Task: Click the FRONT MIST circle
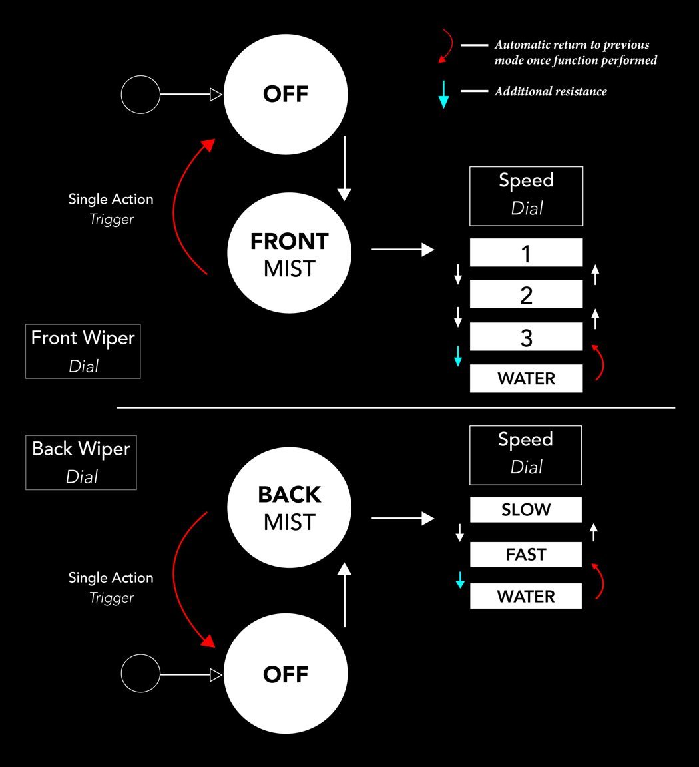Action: (289, 254)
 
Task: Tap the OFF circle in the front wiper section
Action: (286, 94)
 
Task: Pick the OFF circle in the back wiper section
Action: (286, 674)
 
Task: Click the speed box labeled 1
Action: (526, 253)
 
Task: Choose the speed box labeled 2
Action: (526, 294)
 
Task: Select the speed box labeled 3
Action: (526, 337)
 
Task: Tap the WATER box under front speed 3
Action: (526, 378)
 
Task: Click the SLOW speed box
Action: (525, 510)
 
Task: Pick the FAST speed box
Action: (525, 554)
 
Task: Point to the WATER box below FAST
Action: (525, 596)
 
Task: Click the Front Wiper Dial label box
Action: (83, 352)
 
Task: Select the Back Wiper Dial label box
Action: (81, 463)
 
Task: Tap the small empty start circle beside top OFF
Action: (140, 95)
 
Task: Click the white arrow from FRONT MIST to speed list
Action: (402, 250)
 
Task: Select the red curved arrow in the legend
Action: (445, 46)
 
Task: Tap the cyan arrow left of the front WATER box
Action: (458, 356)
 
